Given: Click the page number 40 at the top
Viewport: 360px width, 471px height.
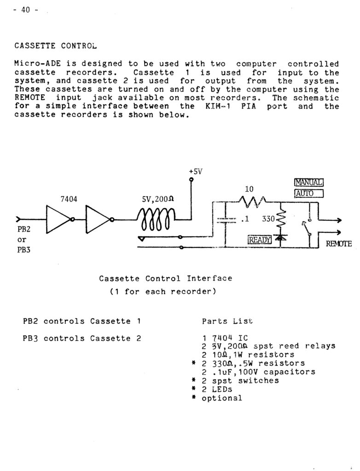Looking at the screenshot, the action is coord(25,10).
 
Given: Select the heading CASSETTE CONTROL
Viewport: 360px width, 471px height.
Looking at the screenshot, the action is coord(56,46).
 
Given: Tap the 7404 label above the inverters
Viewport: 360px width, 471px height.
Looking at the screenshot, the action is coord(69,199).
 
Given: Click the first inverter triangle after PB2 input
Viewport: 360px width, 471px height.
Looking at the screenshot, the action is coord(58,219).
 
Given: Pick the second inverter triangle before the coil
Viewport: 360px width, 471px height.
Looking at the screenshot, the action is coord(98,219).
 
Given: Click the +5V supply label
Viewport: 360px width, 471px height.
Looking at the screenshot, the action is coord(196,172).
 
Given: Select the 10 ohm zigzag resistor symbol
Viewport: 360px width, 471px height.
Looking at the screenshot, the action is coord(252,201).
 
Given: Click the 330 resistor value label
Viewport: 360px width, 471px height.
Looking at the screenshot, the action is coord(268,218).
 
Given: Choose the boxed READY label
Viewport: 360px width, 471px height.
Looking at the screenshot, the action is coord(260,240).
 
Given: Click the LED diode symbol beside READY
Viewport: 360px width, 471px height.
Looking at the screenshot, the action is coord(280,238).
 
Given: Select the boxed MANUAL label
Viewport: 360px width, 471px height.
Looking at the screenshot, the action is coord(309,182).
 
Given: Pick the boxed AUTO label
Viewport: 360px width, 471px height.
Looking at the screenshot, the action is coord(309,194).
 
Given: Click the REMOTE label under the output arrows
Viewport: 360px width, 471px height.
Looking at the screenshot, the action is coord(339,243).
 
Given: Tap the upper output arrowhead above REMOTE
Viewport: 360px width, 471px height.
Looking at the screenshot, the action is coord(339,220).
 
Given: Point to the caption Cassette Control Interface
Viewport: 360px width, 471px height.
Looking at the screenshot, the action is coord(166,278).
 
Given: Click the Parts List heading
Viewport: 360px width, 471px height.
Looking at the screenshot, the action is coord(227,321).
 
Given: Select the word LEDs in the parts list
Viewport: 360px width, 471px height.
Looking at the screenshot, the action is coord(222,389).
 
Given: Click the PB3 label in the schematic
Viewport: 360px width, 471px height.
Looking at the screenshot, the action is coord(24,250).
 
